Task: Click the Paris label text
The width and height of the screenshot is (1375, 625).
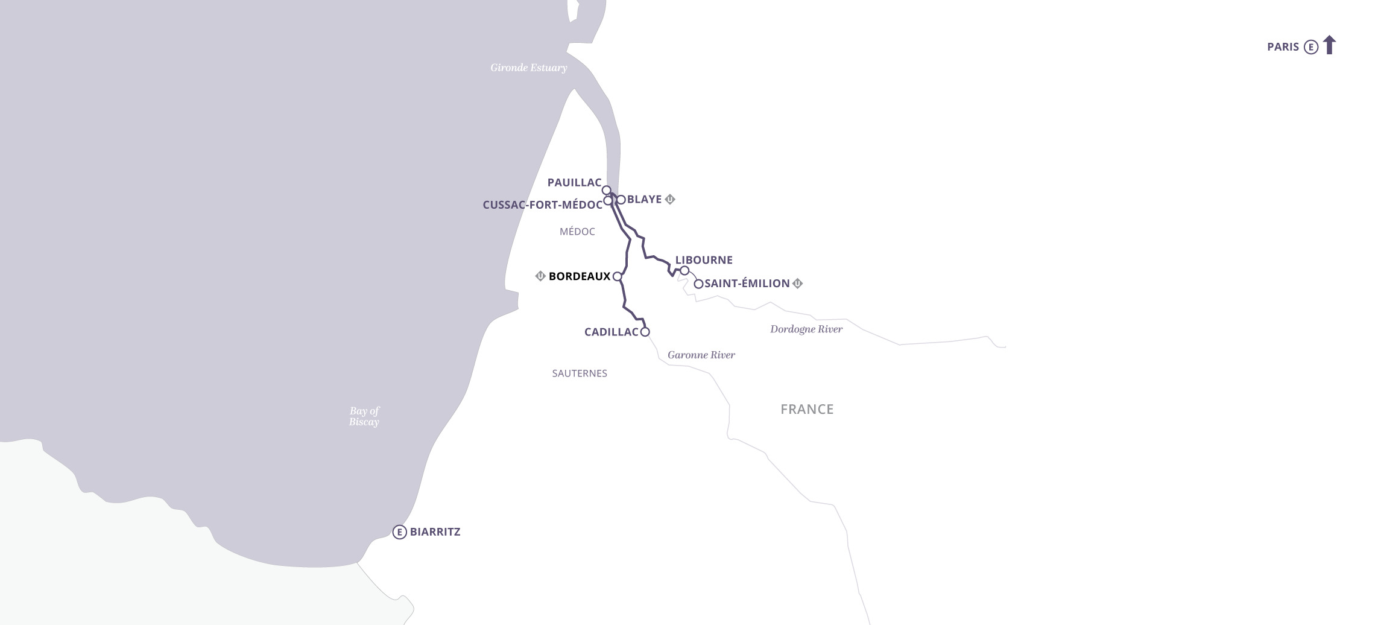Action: (1283, 47)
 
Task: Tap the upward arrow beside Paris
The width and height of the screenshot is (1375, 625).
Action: (1329, 45)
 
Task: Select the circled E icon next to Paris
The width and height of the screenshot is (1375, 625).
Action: (1310, 47)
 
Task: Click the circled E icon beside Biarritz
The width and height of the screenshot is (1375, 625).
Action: (399, 532)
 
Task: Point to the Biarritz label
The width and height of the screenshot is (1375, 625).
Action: (435, 532)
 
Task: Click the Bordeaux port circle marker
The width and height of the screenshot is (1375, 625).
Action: (617, 276)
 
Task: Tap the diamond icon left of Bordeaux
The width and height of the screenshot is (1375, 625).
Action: (540, 276)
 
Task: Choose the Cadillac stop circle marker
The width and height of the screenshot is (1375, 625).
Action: (645, 332)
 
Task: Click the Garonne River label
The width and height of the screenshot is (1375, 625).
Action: (701, 355)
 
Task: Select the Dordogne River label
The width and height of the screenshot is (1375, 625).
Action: (806, 329)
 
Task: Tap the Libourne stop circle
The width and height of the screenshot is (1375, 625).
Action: (684, 270)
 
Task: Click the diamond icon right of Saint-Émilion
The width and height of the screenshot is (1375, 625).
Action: (797, 284)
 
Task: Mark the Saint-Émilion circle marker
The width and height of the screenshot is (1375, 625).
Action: (698, 284)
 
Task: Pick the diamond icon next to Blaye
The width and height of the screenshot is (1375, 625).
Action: (669, 200)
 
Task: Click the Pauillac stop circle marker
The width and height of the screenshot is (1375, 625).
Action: (607, 190)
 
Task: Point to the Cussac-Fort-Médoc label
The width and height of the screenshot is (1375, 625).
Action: (542, 205)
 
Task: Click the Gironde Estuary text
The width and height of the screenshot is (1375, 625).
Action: (528, 68)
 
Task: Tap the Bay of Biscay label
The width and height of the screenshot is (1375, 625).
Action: (364, 416)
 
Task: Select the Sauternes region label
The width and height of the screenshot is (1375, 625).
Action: (579, 373)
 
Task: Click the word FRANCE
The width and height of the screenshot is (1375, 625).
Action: (806, 409)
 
